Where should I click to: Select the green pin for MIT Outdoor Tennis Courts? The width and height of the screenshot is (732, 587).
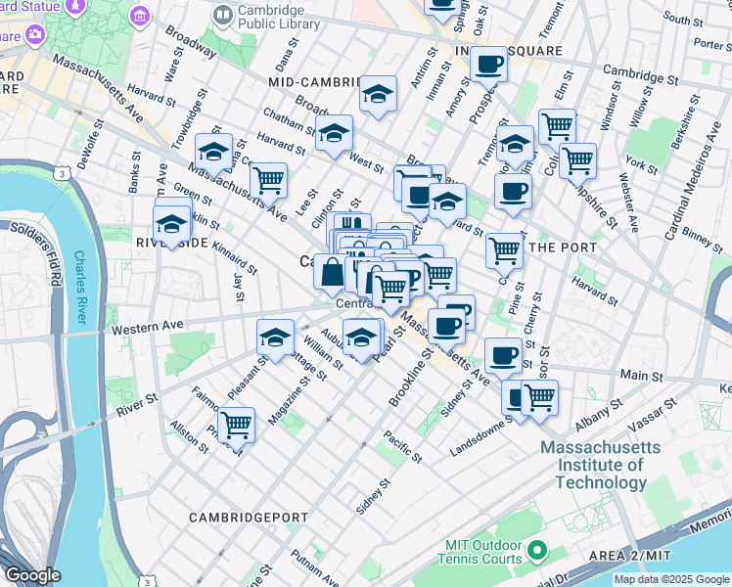535,552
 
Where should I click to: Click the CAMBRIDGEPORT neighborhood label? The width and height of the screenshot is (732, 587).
250,517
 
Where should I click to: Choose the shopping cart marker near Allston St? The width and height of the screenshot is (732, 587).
236,425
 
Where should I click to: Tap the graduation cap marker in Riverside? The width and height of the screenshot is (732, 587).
171,223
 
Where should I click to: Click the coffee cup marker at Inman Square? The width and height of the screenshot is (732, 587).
488,65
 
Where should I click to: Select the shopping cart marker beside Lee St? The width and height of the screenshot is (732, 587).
268,180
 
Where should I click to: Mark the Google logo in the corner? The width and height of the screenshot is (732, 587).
32,575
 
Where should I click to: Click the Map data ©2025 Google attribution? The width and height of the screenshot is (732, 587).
671,579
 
